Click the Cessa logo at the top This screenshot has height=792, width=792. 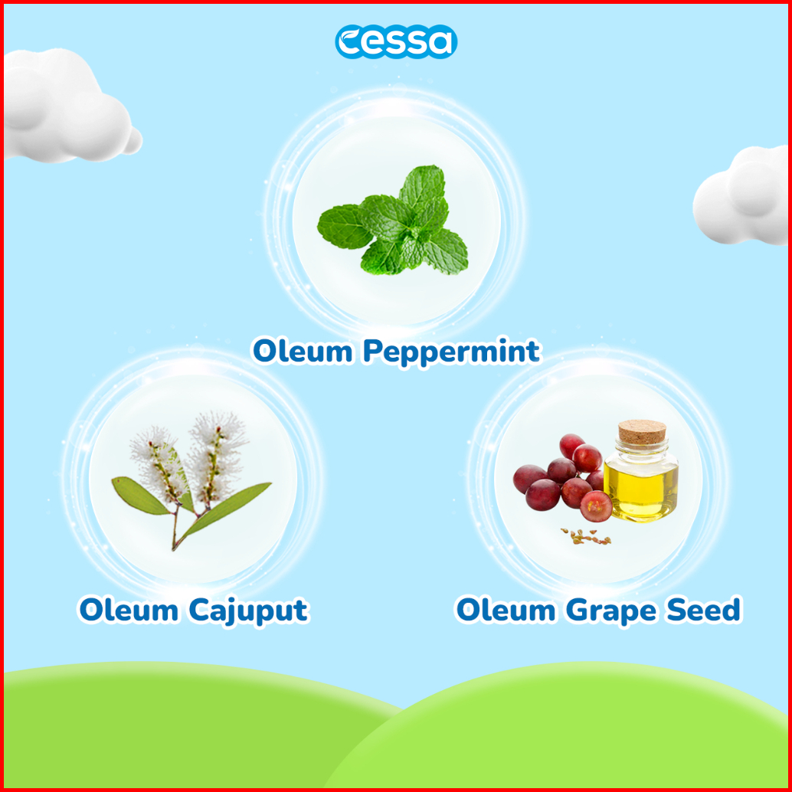click(x=396, y=41)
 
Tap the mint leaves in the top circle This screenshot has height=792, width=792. click(x=393, y=221)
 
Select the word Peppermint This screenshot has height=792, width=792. click(x=451, y=352)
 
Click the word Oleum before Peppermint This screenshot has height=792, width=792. click(x=303, y=351)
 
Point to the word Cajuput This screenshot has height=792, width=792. click(x=248, y=612)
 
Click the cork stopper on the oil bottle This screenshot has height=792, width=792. click(x=642, y=432)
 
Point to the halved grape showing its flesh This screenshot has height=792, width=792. click(x=596, y=506)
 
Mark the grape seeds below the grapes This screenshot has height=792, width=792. click(x=586, y=536)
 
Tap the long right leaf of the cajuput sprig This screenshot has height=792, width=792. click(x=227, y=508)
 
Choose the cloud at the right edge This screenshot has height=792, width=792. click(x=740, y=195)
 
